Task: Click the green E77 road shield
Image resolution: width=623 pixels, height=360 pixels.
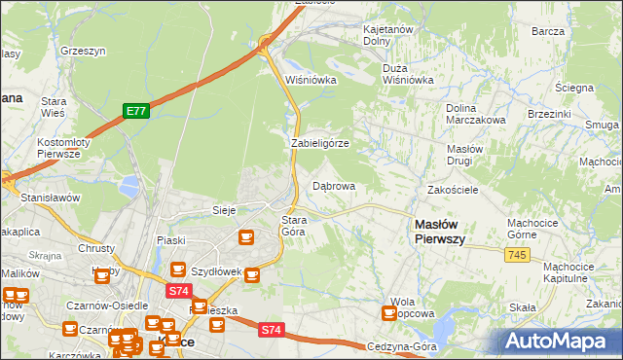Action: tap(135, 112)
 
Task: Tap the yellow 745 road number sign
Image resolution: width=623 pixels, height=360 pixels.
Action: tap(518, 254)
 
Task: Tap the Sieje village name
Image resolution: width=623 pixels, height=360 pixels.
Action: tap(225, 210)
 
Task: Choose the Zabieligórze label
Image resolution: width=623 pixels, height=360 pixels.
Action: tap(319, 143)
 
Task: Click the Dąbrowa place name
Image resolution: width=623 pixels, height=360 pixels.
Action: tap(333, 185)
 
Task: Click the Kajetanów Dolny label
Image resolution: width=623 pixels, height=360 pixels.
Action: tap(389, 36)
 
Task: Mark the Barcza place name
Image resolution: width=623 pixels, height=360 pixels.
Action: tap(548, 31)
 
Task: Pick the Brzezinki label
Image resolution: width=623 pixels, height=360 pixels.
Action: tap(549, 113)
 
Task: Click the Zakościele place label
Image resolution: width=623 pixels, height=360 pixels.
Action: tap(453, 190)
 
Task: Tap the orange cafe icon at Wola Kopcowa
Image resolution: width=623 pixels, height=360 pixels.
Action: tap(389, 313)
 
